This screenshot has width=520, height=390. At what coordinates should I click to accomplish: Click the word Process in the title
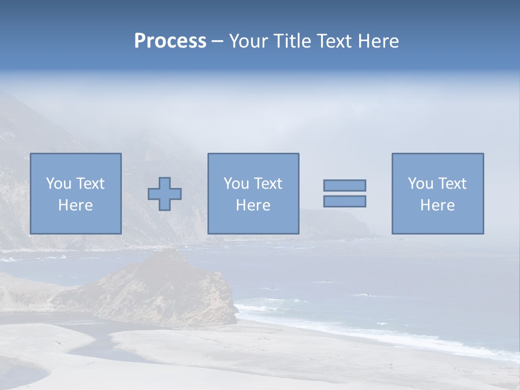point(170,41)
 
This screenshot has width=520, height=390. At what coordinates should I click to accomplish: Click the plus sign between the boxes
point(165,194)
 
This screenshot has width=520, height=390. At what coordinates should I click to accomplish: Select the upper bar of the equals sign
point(344,185)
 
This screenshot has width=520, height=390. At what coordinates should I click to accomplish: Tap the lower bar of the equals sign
point(344,201)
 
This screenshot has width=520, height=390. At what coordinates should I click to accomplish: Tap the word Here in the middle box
point(253,205)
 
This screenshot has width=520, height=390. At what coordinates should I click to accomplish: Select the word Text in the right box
point(452,184)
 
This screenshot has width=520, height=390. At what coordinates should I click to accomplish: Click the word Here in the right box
point(438,205)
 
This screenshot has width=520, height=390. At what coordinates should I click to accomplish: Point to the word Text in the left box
point(90,184)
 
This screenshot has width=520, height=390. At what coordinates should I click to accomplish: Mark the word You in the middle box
point(236,184)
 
